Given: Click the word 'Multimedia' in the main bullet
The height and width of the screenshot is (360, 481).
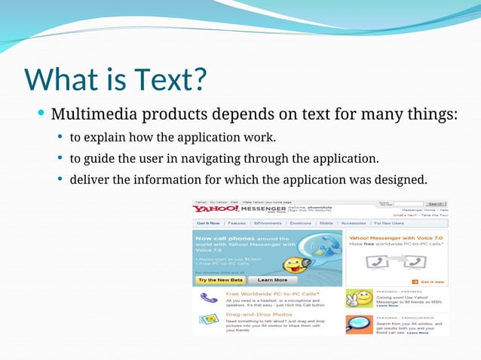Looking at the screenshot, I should [x=90, y=115].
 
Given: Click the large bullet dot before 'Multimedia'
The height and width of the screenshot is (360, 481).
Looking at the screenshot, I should [x=41, y=114].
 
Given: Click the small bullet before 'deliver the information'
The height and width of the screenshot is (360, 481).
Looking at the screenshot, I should [x=60, y=180].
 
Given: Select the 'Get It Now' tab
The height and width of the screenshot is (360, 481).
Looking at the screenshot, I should [x=208, y=224].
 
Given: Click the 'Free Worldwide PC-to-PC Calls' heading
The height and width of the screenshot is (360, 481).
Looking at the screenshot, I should [x=272, y=293].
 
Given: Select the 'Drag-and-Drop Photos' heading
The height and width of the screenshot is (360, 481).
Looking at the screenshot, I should [x=259, y=314].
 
